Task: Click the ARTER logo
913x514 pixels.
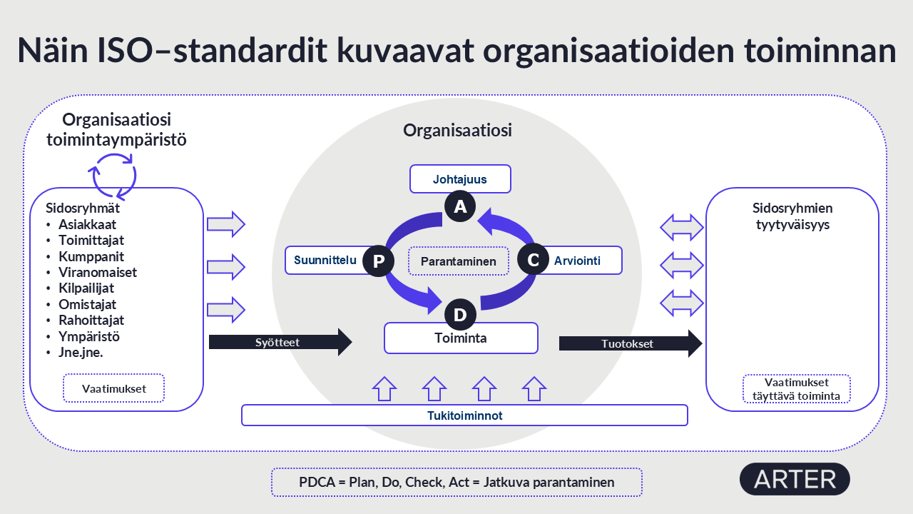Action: pos(795,479)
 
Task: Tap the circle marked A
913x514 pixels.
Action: pos(460,206)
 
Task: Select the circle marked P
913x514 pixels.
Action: pos(378,262)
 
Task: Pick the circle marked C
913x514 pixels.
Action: pos(532,261)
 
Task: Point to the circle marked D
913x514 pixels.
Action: pos(460,315)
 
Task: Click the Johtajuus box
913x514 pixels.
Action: pos(460,179)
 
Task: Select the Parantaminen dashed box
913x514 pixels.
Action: pos(458,261)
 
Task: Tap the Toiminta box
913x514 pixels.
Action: pos(461,338)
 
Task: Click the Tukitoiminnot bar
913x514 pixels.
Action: pos(464,415)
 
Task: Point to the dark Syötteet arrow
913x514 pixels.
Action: pos(280,343)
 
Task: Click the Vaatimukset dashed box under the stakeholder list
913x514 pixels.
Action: pos(114,389)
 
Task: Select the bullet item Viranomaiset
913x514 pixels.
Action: pos(98,272)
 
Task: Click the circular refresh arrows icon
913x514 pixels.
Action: pos(112,175)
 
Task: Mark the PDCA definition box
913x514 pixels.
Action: pos(456,482)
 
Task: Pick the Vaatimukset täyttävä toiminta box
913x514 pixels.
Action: pos(796,389)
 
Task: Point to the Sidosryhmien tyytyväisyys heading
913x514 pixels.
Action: pos(792,216)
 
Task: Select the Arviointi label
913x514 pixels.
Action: pos(578,261)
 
